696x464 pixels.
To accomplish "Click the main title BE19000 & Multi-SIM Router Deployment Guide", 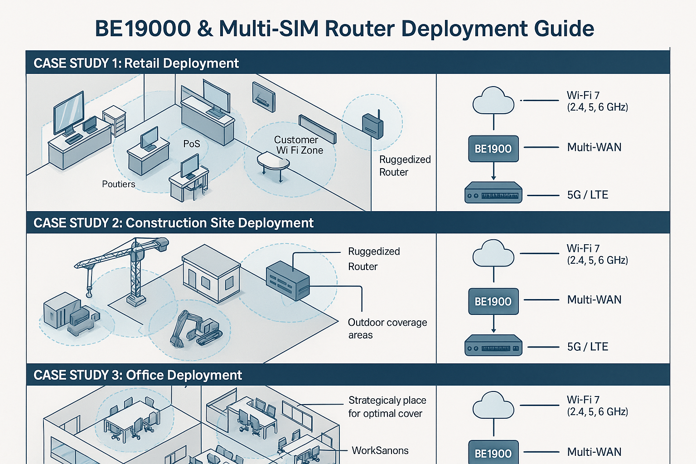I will (344, 29).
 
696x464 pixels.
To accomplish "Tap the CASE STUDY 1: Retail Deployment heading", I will (136, 63).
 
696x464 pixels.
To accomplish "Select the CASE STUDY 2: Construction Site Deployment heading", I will (173, 223).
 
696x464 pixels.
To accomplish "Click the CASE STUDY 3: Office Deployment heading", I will (138, 375).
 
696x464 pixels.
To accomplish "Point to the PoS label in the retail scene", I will (191, 144).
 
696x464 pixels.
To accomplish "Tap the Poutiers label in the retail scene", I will (118, 184).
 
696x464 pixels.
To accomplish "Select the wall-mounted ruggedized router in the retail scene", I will (372, 126).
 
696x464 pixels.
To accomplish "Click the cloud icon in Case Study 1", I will (493, 101).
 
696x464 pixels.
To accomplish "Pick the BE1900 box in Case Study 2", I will (493, 301).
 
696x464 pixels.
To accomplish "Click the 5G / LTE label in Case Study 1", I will (587, 195).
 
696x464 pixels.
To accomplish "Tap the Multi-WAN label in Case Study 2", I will (594, 300).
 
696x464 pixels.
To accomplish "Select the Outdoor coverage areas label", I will (387, 329).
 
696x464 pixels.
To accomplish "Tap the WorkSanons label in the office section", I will (380, 450).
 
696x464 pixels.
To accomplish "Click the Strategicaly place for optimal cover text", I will (387, 407).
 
